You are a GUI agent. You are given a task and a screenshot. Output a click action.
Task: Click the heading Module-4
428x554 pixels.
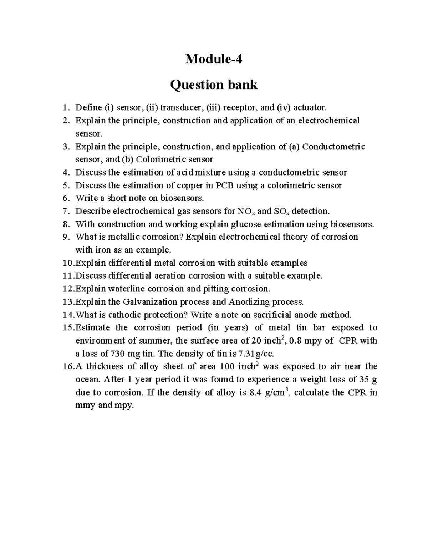214,59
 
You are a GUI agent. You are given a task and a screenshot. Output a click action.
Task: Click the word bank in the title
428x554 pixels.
240,85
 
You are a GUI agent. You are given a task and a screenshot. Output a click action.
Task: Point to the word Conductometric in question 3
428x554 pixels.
333,147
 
